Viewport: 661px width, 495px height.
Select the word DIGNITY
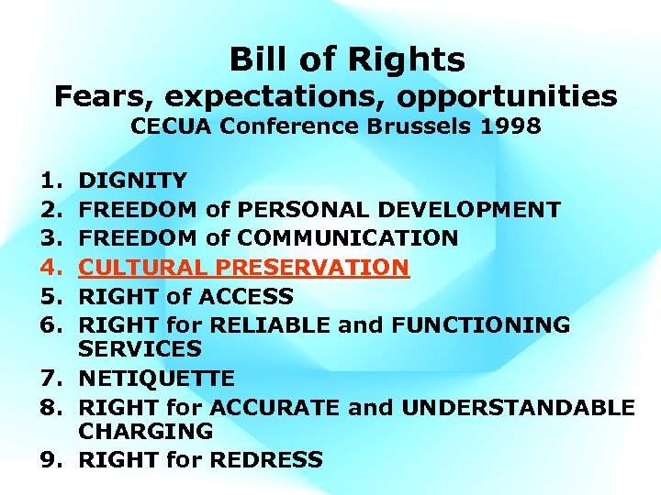point(132,180)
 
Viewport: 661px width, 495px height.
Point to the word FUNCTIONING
point(486,324)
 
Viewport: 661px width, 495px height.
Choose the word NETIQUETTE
point(156,378)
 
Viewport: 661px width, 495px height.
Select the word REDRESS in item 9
point(270,459)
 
